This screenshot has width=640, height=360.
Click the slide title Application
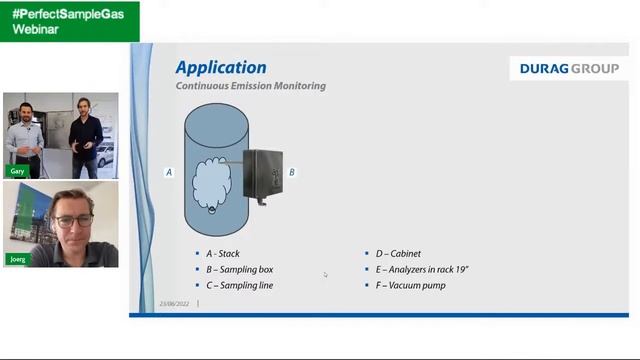[x=221, y=68]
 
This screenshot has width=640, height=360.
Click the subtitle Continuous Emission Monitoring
[x=251, y=86]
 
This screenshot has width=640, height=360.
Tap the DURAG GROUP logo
[x=568, y=69]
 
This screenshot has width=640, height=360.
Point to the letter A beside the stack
[x=169, y=173]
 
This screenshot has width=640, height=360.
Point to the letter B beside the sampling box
[x=292, y=173]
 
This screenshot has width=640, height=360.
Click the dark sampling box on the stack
[x=262, y=174]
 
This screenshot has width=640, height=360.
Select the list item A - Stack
[x=222, y=254]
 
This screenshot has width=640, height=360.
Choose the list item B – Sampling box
[x=239, y=270]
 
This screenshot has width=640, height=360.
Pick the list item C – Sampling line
[x=239, y=286]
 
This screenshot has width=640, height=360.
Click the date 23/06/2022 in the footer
[x=175, y=303]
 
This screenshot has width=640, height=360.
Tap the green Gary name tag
[x=17, y=172]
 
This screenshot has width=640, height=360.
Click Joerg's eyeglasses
[x=75, y=220]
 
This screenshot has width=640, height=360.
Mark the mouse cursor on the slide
[x=324, y=274]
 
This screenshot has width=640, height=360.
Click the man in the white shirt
[x=27, y=140]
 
